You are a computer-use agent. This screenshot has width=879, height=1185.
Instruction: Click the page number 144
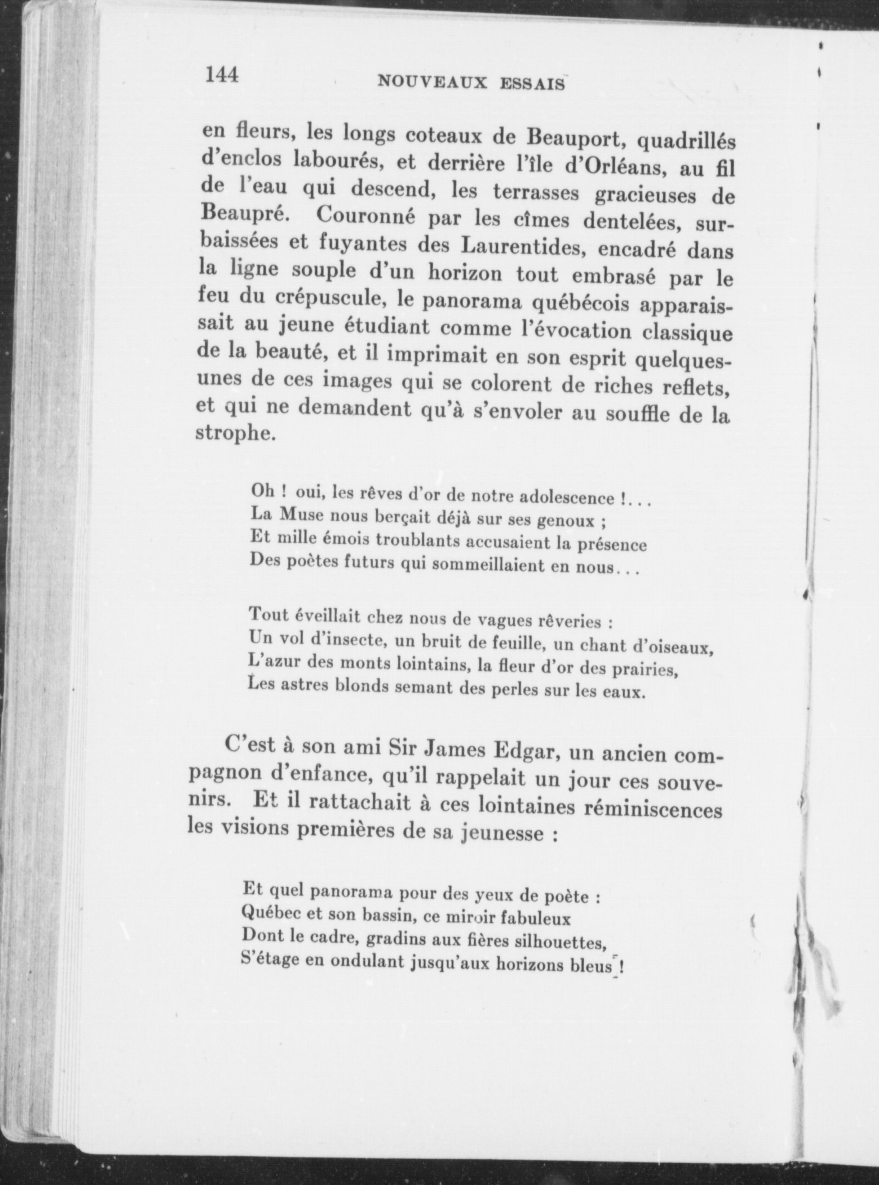coord(223,74)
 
